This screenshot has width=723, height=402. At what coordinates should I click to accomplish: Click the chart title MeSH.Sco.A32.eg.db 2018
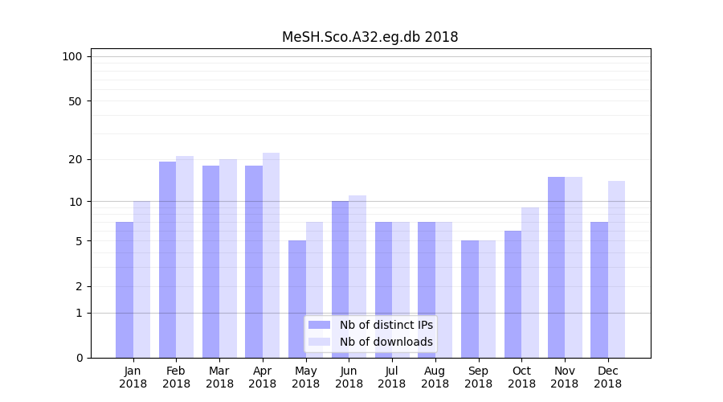370,37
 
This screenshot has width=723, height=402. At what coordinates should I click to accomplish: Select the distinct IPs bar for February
167,259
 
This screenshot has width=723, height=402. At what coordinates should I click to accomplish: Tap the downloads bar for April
271,255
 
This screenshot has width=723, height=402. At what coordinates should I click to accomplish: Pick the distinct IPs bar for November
556,267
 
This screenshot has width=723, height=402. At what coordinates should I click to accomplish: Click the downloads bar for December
616,269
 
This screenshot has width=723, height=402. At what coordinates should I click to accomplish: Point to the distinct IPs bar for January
125,289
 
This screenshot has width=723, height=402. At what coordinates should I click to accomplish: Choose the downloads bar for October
530,282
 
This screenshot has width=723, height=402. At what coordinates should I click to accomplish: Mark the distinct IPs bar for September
470,299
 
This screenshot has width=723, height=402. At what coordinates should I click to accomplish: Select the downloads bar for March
228,258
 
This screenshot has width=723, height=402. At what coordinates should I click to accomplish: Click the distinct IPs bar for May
297,299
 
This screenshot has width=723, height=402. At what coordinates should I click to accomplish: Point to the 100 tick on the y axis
72,56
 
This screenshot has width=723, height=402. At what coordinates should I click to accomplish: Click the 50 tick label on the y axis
75,101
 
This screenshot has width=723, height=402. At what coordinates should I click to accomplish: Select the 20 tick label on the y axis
75,159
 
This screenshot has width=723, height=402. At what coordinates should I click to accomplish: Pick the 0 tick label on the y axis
79,358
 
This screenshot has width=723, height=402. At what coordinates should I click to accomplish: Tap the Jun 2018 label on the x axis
349,377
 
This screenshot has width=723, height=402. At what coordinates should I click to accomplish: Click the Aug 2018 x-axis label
435,377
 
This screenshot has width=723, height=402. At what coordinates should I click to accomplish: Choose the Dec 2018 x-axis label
607,377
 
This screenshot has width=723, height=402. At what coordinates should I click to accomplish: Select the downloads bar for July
401,289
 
